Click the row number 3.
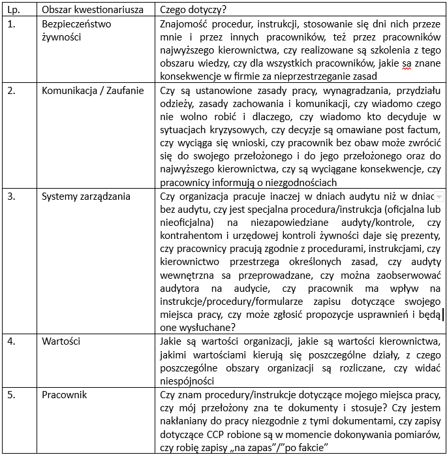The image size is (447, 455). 11,196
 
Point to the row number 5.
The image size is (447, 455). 11,394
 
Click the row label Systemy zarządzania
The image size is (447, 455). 86,196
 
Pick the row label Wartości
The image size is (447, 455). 61,341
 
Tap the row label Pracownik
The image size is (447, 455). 64,394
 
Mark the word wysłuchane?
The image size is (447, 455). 208,327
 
